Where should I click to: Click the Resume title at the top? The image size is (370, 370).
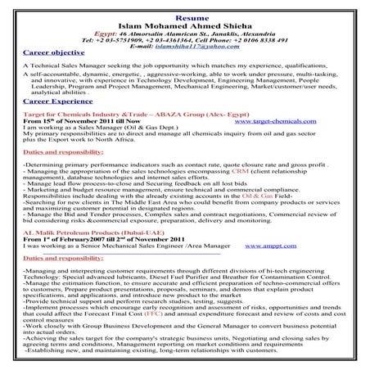click(x=185, y=5)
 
